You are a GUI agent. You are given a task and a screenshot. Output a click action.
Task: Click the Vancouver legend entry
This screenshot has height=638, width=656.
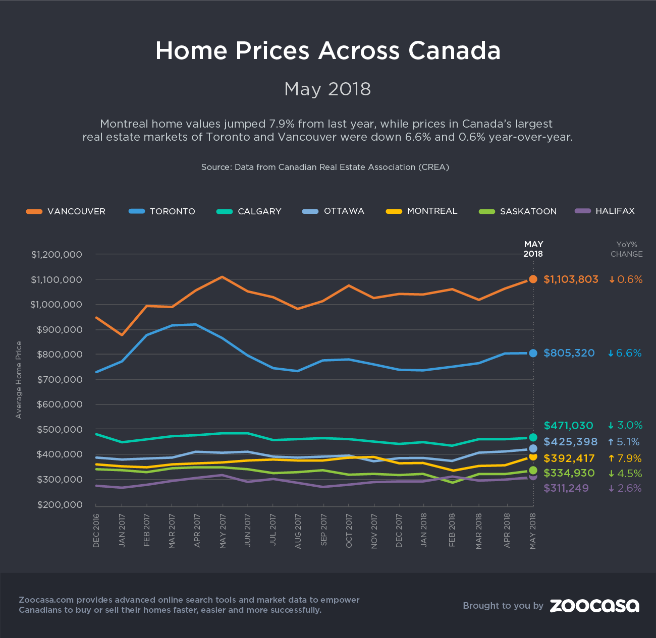click(66, 211)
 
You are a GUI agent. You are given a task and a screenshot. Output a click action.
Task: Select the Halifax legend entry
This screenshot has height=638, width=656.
click(605, 211)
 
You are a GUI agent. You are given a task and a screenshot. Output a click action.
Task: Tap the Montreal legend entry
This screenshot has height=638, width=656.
click(422, 211)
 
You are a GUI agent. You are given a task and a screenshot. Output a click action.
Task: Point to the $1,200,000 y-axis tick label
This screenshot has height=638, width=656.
click(57, 255)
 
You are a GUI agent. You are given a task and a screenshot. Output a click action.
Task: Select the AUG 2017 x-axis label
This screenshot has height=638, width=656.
click(298, 531)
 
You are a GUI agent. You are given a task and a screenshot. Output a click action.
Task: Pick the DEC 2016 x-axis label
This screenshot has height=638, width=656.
click(96, 531)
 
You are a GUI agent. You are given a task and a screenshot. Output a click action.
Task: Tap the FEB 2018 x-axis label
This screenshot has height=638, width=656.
click(452, 531)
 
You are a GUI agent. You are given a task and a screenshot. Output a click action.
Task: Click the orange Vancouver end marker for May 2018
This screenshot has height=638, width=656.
click(533, 279)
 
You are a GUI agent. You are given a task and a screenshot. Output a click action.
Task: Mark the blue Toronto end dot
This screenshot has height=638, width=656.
click(533, 353)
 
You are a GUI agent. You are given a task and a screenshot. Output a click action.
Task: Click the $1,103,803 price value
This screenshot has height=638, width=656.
click(571, 279)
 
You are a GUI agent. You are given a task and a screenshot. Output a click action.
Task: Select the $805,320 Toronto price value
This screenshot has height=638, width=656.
click(569, 353)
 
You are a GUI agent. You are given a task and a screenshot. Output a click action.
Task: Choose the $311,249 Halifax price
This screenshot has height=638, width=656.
click(569, 488)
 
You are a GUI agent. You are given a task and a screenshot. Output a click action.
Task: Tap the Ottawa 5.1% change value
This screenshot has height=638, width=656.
click(624, 442)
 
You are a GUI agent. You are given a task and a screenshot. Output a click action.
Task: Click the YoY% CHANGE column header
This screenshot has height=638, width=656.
click(626, 249)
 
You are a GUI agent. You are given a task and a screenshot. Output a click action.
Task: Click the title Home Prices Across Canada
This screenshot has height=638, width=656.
click(328, 50)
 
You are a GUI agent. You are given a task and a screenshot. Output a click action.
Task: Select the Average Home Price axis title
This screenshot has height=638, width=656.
click(19, 380)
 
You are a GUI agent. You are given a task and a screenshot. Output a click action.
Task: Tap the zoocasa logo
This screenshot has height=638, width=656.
click(594, 605)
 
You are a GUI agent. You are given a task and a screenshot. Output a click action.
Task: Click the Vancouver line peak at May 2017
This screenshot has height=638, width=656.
click(222, 277)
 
